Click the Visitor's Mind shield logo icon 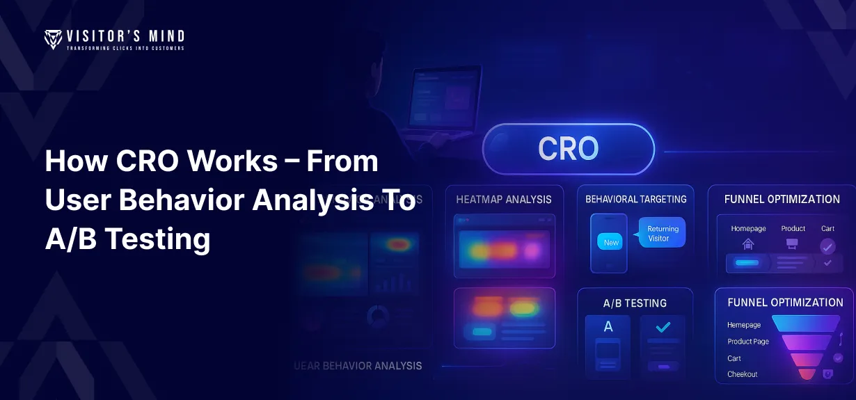(x=53, y=39)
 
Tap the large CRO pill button (x=568, y=148)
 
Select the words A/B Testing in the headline (x=127, y=239)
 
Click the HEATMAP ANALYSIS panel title (x=504, y=200)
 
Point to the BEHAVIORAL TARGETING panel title (x=635, y=199)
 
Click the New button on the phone (x=611, y=242)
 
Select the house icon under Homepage (x=748, y=244)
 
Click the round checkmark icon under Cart (x=827, y=246)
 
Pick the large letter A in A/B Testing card (x=608, y=326)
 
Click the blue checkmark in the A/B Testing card (x=663, y=326)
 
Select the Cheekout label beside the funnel (x=743, y=374)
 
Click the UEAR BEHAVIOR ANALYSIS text (x=358, y=365)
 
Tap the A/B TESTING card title (x=635, y=303)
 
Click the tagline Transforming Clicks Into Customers (x=125, y=48)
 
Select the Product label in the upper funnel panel (x=793, y=228)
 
